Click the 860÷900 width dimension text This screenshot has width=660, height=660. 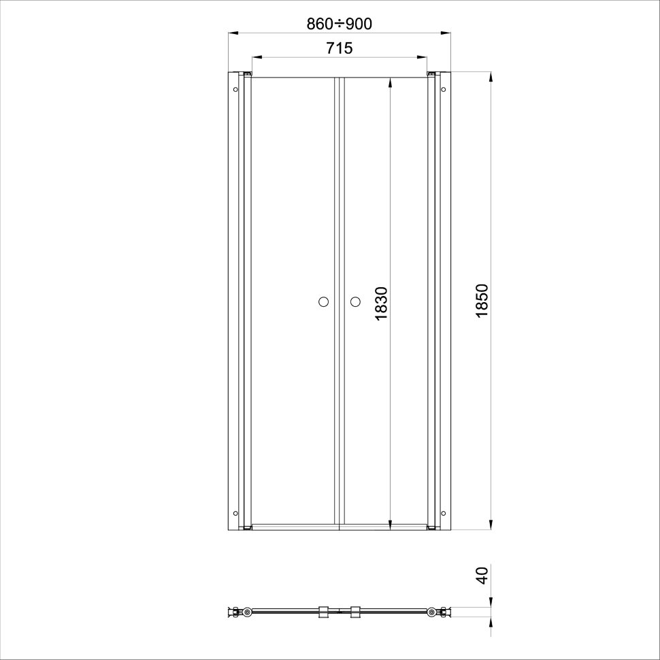[339, 24]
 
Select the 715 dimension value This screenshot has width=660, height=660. [340, 48]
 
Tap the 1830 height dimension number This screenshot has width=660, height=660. [381, 303]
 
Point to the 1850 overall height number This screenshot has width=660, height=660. [482, 301]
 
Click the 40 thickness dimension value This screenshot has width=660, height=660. [482, 576]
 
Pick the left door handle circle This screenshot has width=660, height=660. [323, 302]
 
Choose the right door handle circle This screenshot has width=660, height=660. [355, 302]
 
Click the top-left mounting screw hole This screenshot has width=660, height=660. [235, 89]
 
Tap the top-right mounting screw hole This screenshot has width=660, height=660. [443, 89]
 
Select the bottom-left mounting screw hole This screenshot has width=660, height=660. [235, 513]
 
